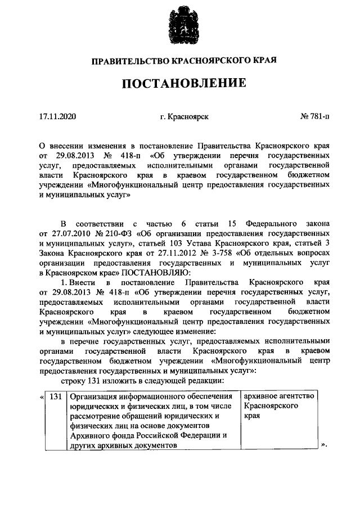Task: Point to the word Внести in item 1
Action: tap(84, 281)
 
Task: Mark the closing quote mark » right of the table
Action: tap(323, 445)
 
